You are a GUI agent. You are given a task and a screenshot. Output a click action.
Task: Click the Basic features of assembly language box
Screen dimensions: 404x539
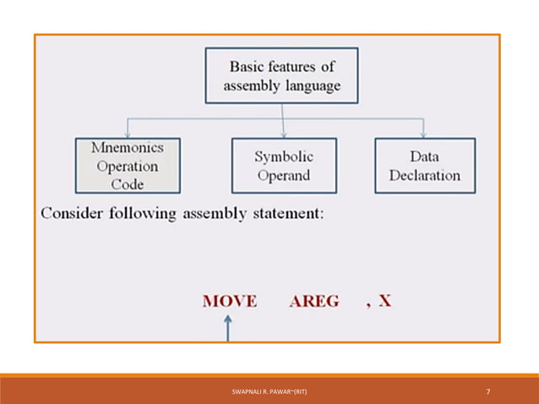pos(282,75)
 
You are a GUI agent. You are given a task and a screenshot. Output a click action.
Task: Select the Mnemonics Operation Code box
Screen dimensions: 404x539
pos(128,166)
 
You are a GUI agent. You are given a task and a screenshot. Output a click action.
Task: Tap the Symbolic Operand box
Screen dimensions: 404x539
pos(284,166)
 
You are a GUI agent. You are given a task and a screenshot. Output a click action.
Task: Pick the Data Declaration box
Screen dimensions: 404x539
pos(424,166)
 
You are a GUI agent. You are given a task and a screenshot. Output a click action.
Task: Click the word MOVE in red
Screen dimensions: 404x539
pos(230,302)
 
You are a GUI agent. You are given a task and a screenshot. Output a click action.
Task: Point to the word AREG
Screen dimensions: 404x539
pos(314,302)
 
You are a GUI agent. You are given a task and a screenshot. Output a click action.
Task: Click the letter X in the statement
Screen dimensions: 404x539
pos(384,301)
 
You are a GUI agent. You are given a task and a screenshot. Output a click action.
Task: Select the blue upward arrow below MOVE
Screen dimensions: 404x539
pos(227,326)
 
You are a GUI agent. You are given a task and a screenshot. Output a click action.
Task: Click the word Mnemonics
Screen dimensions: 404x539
pos(127,147)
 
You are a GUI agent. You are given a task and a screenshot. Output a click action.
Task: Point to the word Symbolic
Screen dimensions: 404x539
pos(284,157)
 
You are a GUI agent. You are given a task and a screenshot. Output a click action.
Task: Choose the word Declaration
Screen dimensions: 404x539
pos(424,176)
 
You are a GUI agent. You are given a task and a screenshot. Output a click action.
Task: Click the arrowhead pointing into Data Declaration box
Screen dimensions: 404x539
pos(422,134)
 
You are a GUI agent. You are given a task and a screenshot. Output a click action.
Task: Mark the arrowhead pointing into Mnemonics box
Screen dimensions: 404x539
pos(127,134)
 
